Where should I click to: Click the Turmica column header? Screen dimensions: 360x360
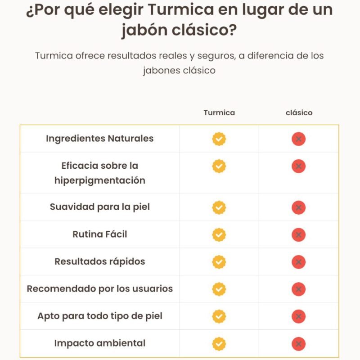click(219, 112)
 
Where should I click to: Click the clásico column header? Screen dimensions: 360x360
click(299, 112)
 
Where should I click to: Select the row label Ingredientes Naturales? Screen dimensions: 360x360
click(99, 139)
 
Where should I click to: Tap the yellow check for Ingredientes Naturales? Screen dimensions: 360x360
click(219, 139)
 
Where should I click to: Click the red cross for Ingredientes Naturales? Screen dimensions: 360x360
click(298, 139)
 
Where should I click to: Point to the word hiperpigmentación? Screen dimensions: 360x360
click(99, 180)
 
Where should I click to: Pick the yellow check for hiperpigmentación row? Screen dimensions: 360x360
click(219, 166)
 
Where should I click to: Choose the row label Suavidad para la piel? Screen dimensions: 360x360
click(99, 207)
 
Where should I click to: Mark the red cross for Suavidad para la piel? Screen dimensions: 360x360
click(298, 207)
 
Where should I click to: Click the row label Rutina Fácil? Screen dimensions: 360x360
click(99, 234)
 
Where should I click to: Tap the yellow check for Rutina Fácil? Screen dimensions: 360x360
click(219, 235)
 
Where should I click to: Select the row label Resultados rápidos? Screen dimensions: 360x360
click(99, 261)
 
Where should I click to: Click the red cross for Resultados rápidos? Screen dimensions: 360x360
click(298, 262)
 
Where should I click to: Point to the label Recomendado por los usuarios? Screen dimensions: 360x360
click(99, 288)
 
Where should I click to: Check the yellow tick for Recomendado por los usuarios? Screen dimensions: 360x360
click(219, 289)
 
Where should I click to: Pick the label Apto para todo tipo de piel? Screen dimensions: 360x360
click(99, 316)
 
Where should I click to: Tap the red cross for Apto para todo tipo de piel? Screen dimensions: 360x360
click(298, 316)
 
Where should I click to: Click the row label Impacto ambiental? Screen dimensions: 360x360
click(99, 343)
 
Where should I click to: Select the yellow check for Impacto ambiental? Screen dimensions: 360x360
click(219, 344)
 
